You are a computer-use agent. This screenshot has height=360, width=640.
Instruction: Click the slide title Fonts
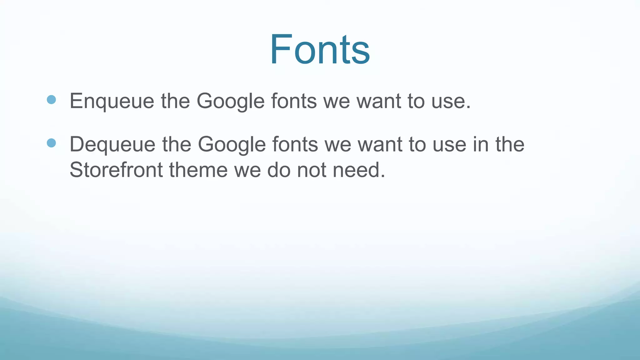click(320, 50)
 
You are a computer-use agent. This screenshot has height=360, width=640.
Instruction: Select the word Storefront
click(116, 170)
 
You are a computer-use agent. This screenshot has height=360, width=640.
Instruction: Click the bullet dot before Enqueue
click(51, 100)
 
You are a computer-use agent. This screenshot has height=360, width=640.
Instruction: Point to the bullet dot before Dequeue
click(51, 143)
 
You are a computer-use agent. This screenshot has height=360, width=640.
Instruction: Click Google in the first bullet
click(231, 101)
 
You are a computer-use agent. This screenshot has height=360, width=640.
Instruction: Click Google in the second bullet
click(232, 144)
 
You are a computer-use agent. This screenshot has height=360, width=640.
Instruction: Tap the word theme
click(198, 170)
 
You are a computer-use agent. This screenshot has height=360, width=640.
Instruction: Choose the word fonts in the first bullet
click(294, 101)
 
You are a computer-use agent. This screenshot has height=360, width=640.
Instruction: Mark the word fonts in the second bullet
click(295, 144)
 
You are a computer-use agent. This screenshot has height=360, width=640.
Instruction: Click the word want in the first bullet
click(379, 101)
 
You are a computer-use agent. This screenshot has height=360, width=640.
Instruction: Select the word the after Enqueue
click(175, 101)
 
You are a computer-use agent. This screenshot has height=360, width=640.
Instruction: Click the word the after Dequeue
click(177, 144)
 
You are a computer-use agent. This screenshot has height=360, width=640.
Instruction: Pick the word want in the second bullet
click(380, 144)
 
